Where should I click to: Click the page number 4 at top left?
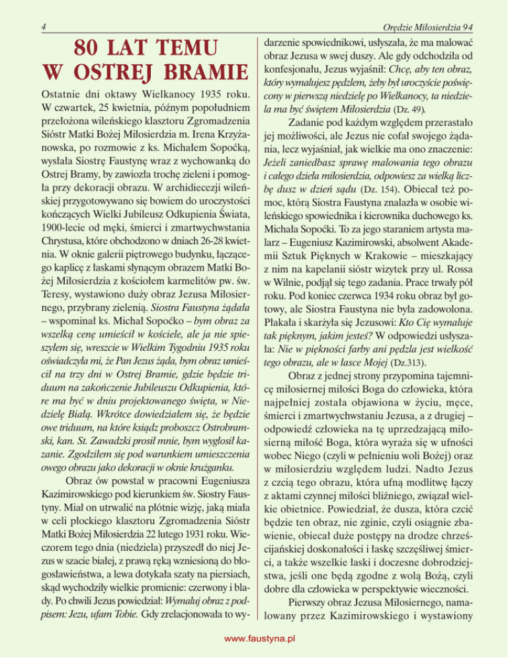tap(42, 26)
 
